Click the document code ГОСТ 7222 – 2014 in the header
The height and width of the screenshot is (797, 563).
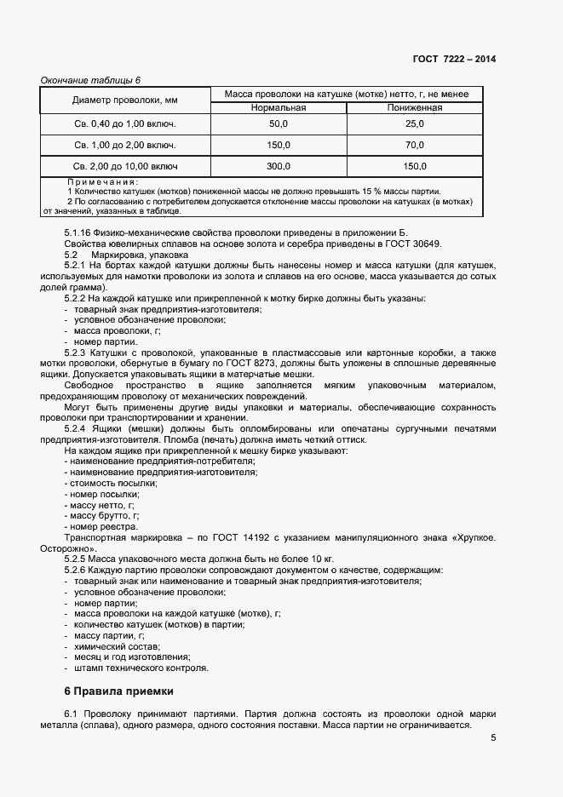click(454, 59)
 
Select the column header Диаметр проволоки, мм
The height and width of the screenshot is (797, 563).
click(124, 101)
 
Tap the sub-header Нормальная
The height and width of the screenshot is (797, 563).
click(279, 108)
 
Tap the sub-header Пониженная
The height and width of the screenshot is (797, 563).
click(415, 108)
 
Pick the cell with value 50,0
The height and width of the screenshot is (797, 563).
click(279, 124)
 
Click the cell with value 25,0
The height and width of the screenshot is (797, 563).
click(415, 124)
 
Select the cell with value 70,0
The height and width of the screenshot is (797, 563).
click(415, 145)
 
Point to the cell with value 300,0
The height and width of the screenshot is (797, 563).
click(279, 166)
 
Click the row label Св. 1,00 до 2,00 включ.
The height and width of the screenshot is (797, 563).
click(124, 145)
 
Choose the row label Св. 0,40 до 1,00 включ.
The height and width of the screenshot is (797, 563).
click(124, 124)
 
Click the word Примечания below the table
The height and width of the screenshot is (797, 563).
click(101, 181)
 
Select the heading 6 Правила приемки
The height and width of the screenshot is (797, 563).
click(118, 691)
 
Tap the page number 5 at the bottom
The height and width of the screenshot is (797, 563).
click(493, 738)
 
